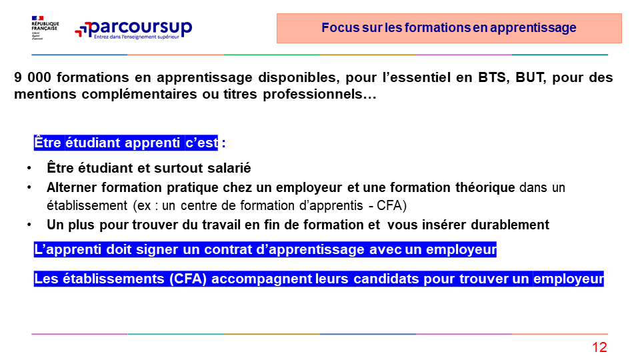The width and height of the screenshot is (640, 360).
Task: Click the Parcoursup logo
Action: (x=133, y=29)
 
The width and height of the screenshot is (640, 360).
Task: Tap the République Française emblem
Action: (x=45, y=28)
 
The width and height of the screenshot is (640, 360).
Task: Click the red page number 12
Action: (x=599, y=347)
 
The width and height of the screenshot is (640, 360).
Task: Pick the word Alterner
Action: (x=71, y=187)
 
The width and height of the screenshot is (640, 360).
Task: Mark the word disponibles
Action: (x=296, y=77)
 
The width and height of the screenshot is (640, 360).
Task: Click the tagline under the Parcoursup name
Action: (x=136, y=37)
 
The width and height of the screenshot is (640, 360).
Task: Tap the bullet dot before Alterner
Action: (x=29, y=187)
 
